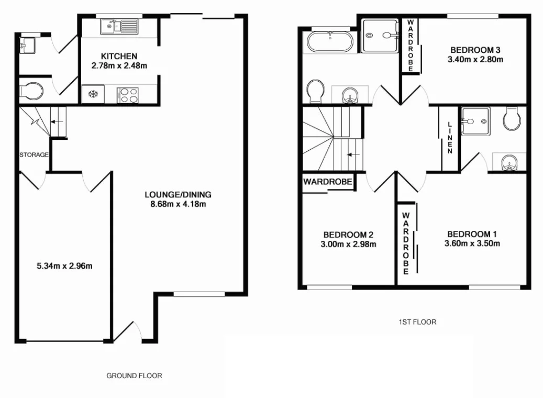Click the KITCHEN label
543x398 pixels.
click(119, 56)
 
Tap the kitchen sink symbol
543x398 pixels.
click(120, 26)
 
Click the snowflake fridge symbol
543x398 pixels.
click(93, 95)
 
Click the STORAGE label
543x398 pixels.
click(34, 155)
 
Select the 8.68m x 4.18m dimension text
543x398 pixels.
click(178, 204)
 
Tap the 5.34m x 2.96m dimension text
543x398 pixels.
click(64, 266)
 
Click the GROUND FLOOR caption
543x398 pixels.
click(134, 375)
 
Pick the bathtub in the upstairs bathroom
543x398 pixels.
click(330, 42)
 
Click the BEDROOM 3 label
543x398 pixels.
click(475, 50)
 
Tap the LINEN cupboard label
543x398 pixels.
click(449, 138)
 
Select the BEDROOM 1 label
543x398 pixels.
click(472, 234)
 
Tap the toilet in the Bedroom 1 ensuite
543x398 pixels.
click(511, 119)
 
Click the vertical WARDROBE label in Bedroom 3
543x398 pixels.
click(411, 46)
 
